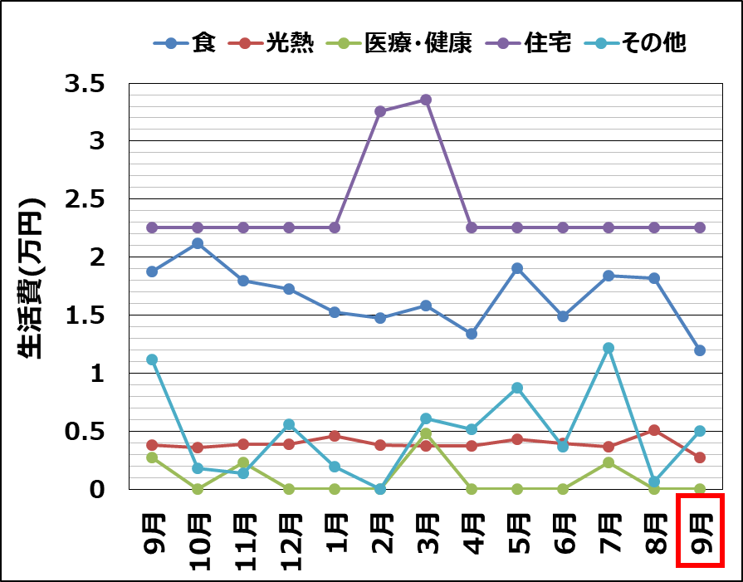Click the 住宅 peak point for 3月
tap(426, 100)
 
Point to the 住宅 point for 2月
tap(380, 111)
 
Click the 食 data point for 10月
tap(198, 243)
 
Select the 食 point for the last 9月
tap(700, 350)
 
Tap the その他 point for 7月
tap(609, 348)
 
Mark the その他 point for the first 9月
tap(152, 359)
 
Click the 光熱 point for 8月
tap(654, 430)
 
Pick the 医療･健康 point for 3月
tap(426, 433)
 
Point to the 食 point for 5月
tap(517, 268)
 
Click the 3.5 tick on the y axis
tap(86, 84)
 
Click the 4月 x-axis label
tap(471, 531)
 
